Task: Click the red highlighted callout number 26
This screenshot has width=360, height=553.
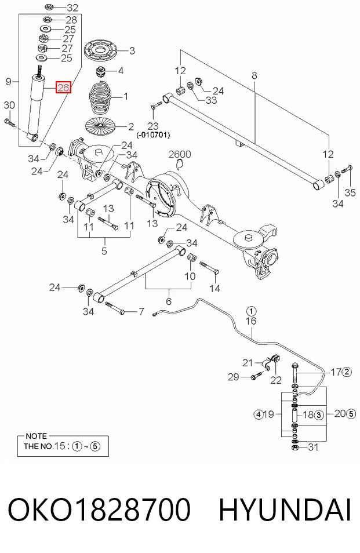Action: [x=63, y=87]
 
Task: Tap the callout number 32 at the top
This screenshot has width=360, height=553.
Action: [x=72, y=7]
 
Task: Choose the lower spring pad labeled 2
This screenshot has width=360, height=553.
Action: [x=100, y=126]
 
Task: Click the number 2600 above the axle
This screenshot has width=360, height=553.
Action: [x=180, y=154]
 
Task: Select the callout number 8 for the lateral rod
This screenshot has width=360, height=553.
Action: [x=254, y=75]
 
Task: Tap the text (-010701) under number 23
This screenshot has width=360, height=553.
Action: [x=153, y=134]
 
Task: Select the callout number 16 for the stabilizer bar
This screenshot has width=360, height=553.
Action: [x=251, y=321]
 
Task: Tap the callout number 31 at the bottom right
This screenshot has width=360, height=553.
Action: [x=313, y=447]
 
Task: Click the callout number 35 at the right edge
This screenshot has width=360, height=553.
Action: [x=350, y=193]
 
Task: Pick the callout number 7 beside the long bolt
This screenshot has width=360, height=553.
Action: [x=141, y=312]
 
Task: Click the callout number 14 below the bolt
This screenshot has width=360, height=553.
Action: [x=214, y=289]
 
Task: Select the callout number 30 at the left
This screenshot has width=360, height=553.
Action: [x=9, y=105]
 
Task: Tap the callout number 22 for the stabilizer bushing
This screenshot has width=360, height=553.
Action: [x=276, y=380]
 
